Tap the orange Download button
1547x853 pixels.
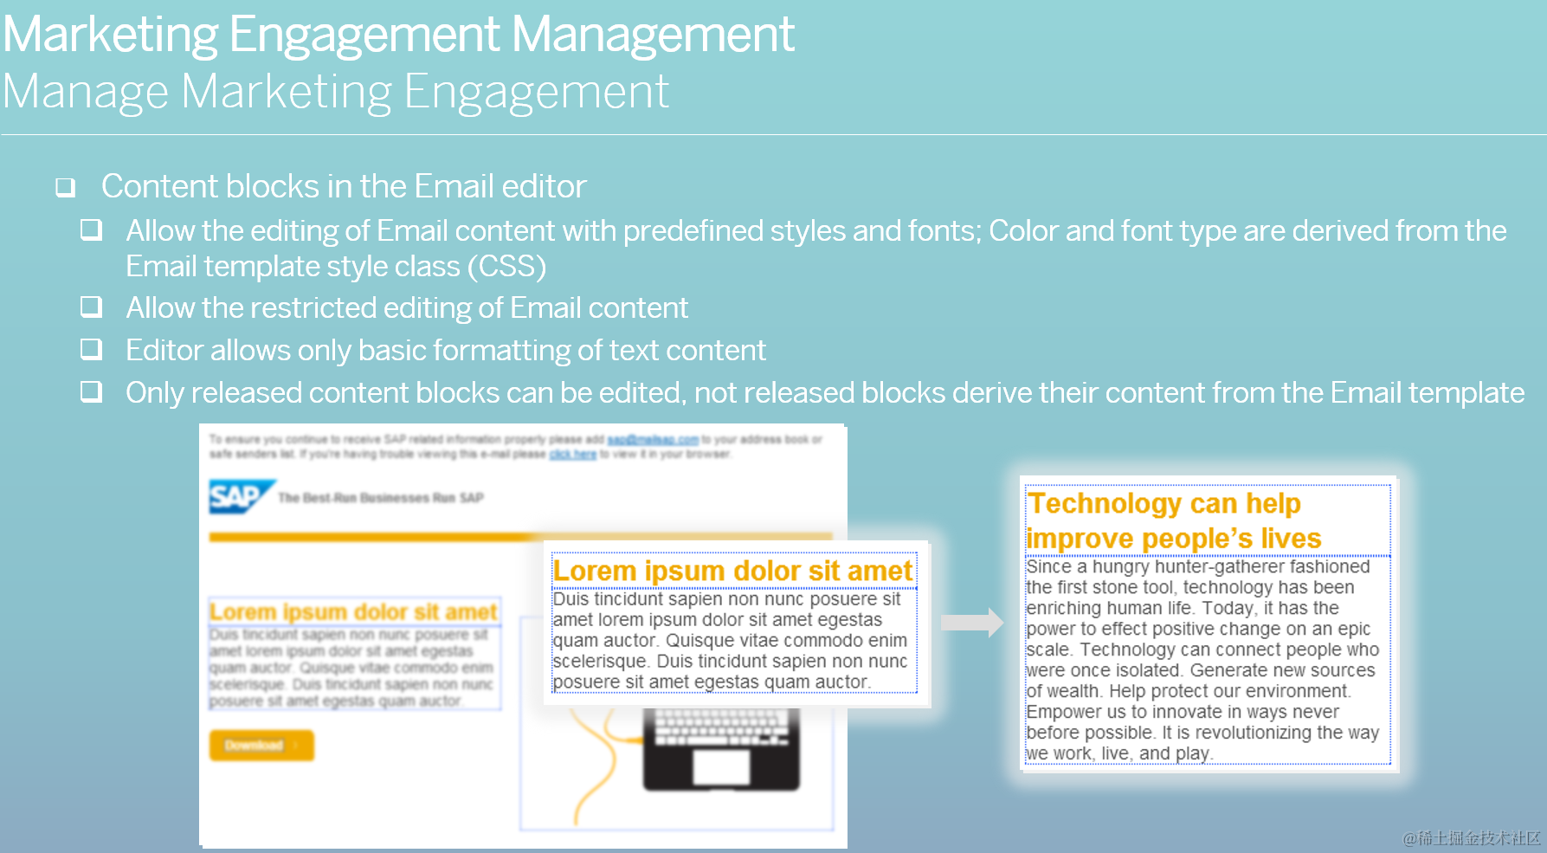[x=261, y=746]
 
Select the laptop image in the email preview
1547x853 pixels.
[x=721, y=749]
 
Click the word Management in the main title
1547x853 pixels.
[x=653, y=35]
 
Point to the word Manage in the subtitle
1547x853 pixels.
[x=86, y=92]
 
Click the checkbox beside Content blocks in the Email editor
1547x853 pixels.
[x=65, y=187]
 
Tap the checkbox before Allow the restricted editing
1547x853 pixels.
[x=91, y=307]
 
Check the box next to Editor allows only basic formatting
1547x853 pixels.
[x=91, y=349]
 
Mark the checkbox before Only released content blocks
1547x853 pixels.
[x=91, y=391]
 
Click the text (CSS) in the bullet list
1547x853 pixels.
[x=506, y=267]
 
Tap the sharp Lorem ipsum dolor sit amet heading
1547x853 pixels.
[x=732, y=571]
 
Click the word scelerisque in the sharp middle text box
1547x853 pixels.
[x=599, y=662]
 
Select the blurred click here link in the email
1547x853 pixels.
[x=572, y=454]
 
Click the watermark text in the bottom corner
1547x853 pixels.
[x=1472, y=838]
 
